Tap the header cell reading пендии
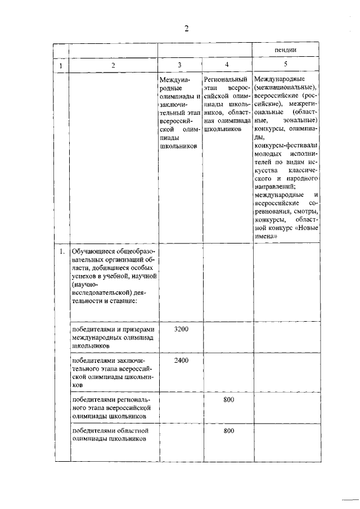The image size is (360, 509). coord(286,49)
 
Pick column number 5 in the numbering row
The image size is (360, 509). coord(285,65)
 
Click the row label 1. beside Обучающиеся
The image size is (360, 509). coord(61,251)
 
